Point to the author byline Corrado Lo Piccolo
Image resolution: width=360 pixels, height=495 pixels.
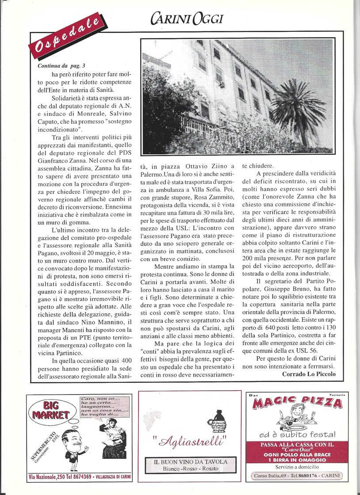(x=309, y=374)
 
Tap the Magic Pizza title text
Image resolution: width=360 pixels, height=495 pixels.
(x=297, y=403)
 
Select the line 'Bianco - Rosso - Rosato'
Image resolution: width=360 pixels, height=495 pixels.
(x=190, y=468)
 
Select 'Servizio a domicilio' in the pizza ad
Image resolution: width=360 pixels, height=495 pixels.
(x=297, y=467)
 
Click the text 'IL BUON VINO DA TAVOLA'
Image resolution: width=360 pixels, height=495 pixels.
(x=190, y=461)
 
